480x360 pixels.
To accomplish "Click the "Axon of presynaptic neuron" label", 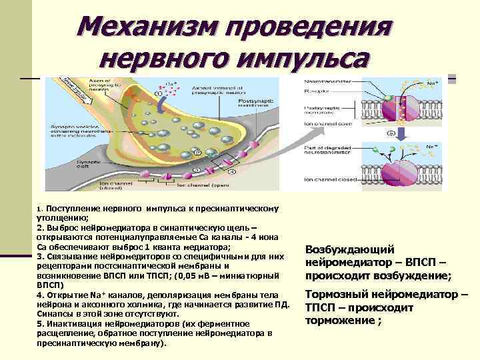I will point(91,83).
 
